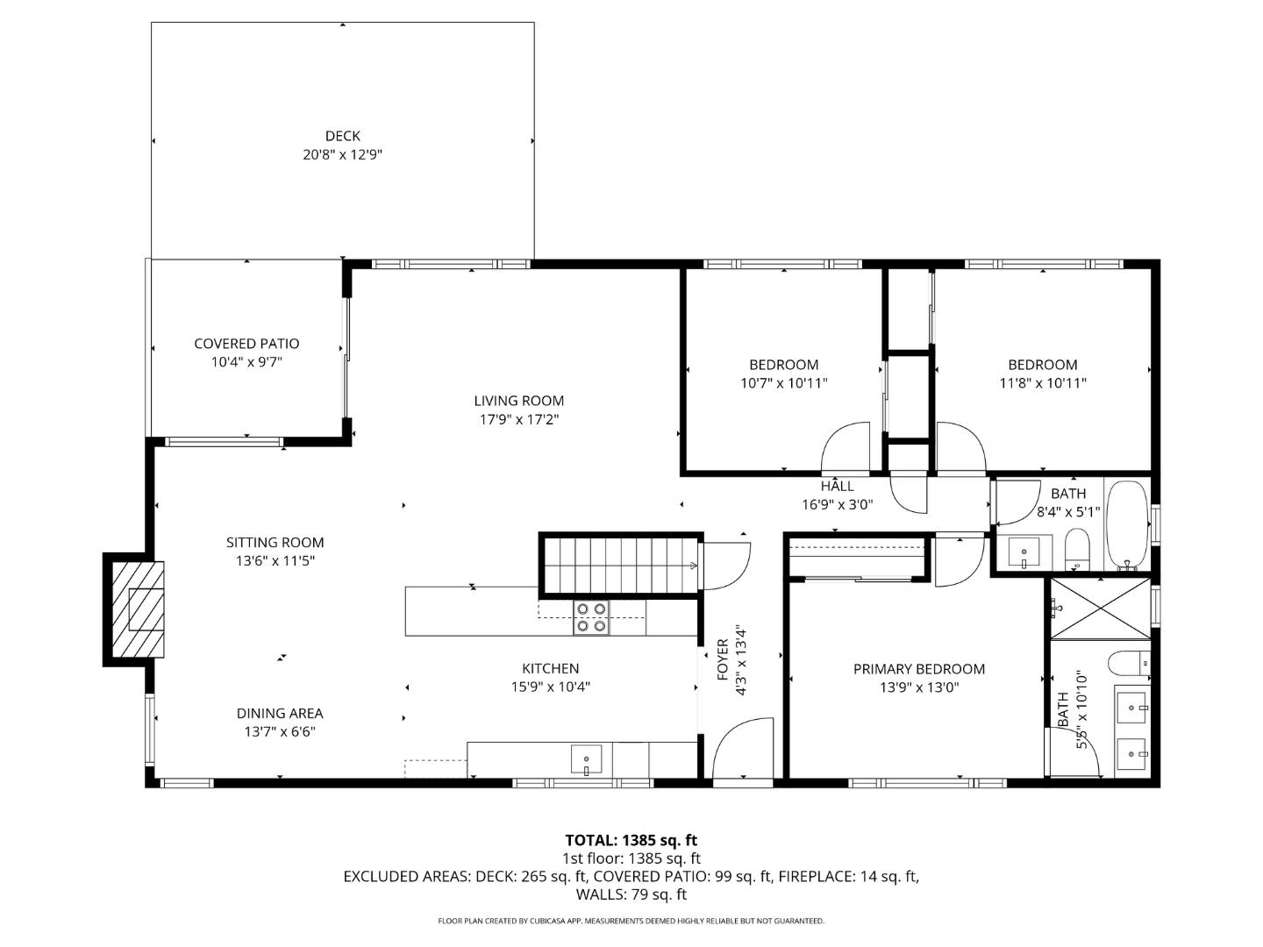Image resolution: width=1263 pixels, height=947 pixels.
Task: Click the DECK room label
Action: click(342, 136)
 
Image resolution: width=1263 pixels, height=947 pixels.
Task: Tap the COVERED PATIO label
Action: click(246, 344)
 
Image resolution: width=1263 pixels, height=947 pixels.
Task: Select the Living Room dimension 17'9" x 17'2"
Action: click(519, 419)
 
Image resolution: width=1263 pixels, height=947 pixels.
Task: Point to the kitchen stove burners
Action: click(591, 617)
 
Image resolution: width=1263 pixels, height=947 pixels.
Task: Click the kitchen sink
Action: click(586, 758)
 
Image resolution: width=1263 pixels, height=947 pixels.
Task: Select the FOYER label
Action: click(723, 659)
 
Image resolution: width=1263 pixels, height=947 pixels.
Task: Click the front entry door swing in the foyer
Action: click(742, 750)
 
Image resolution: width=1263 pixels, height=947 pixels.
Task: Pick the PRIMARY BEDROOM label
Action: click(919, 669)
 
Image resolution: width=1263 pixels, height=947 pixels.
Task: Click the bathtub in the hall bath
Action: click(1126, 525)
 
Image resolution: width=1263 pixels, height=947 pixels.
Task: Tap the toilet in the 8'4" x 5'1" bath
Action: click(1076, 549)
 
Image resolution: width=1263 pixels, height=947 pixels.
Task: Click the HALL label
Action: click(837, 486)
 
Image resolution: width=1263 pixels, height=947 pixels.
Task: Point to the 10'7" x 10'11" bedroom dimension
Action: click(783, 383)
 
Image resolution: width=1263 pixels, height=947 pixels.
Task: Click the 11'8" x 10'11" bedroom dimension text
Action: click(1043, 383)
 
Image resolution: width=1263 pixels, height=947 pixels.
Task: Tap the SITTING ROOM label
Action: click(275, 543)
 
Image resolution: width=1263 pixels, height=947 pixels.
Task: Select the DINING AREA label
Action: click(280, 714)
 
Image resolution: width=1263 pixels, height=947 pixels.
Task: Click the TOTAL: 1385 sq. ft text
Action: click(631, 840)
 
